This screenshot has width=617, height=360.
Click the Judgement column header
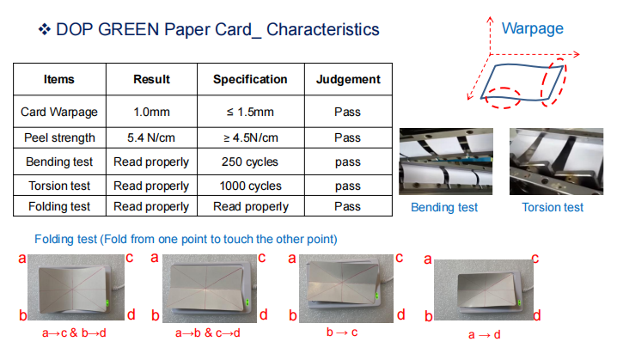click(348, 79)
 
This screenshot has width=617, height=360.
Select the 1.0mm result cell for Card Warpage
click(151, 112)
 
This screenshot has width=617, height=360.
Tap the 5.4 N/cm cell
click(151, 137)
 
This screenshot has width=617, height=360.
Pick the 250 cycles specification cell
click(250, 162)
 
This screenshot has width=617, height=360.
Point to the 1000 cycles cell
click(251, 186)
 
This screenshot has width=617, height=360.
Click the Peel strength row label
click(59, 137)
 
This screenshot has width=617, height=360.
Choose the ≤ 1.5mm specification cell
click(250, 112)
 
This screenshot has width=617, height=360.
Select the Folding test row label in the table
click(59, 206)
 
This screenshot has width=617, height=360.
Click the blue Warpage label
click(533, 28)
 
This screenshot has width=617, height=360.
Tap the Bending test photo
click(446, 162)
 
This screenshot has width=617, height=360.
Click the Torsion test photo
click(556, 162)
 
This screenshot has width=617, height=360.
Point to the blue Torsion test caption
click(553, 207)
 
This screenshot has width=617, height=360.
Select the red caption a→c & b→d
click(75, 333)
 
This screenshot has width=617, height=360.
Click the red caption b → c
click(342, 333)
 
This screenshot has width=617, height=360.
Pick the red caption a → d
click(485, 335)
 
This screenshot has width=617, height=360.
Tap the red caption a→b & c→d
click(208, 333)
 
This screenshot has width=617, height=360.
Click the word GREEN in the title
click(129, 29)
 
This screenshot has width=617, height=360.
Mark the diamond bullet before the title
click(45, 29)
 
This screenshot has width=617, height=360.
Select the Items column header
click(59, 79)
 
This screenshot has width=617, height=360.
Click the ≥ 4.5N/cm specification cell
click(251, 137)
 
